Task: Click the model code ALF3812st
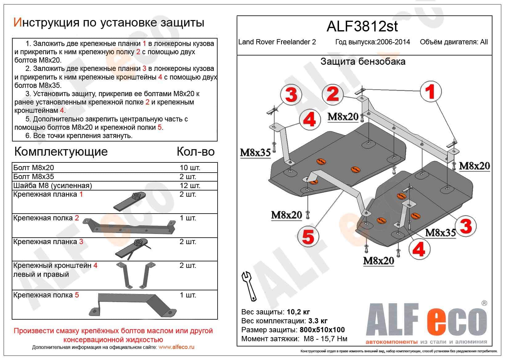point(362,27)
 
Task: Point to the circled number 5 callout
point(308,237)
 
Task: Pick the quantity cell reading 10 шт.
point(190,168)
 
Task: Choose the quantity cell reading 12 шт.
point(190,186)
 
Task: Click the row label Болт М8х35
point(34,177)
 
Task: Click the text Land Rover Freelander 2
point(277,42)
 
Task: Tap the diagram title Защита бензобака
point(363,62)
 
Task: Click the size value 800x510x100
point(322,330)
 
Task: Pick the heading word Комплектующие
point(61,152)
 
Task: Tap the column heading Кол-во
point(196,152)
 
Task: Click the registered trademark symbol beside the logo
point(484,303)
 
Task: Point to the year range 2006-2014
point(393,42)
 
